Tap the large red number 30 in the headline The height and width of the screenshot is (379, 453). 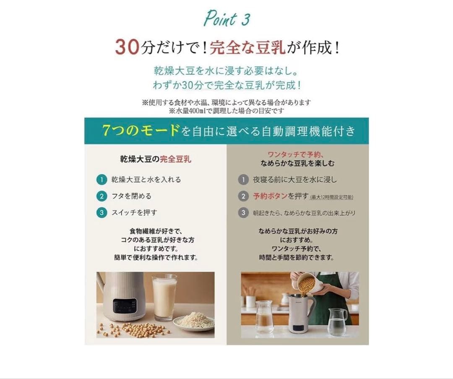pyautogui.click(x=127, y=47)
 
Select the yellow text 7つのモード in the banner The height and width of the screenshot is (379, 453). pyautogui.click(x=141, y=131)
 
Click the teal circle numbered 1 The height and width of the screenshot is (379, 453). pyautogui.click(x=101, y=180)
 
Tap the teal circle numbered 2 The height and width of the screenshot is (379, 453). pyautogui.click(x=101, y=196)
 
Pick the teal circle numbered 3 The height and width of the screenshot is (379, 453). pyautogui.click(x=101, y=212)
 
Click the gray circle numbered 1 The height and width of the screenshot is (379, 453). pyautogui.click(x=243, y=180)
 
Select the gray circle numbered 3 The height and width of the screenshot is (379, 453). pyautogui.click(x=243, y=213)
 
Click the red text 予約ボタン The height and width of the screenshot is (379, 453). pyautogui.click(x=270, y=196)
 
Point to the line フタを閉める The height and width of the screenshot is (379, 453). pyautogui.click(x=131, y=196)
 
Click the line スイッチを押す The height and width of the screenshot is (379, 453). pyautogui.click(x=134, y=212)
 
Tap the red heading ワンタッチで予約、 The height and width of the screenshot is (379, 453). pyautogui.click(x=297, y=154)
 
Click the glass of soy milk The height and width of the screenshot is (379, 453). pyautogui.click(x=164, y=297)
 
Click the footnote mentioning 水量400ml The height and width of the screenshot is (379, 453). pyautogui.click(x=226, y=111)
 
